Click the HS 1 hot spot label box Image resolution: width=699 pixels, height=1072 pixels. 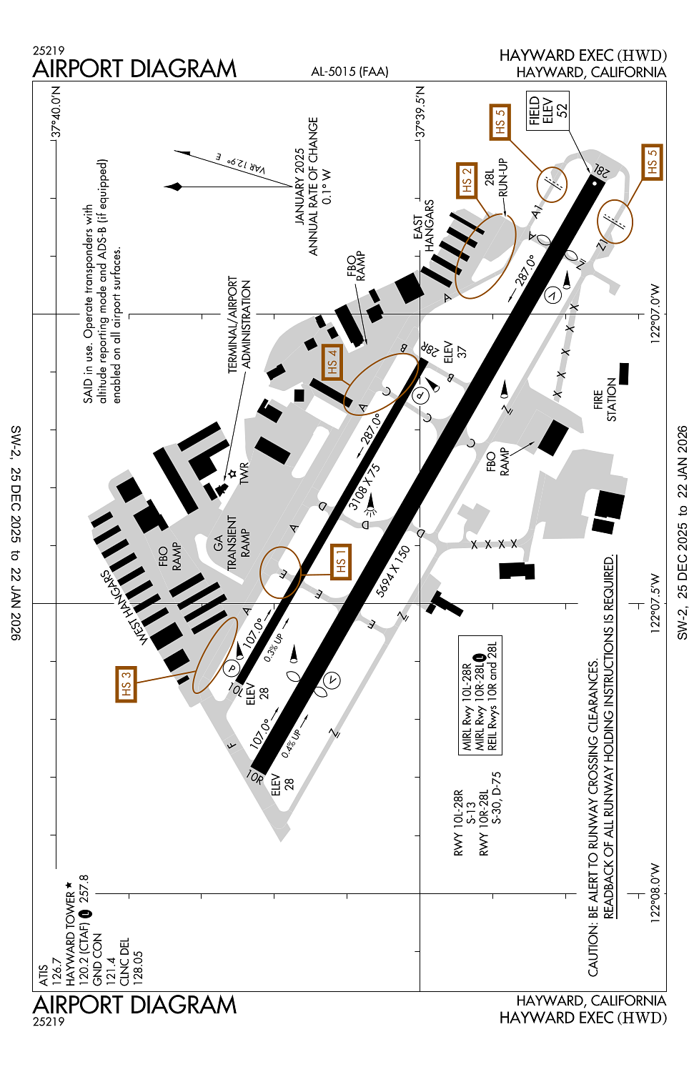341,562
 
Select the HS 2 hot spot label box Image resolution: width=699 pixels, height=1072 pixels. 467,180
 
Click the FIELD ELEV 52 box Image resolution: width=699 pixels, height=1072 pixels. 547,110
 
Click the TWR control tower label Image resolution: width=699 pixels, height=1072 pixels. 244,473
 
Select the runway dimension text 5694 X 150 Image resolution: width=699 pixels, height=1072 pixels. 394,571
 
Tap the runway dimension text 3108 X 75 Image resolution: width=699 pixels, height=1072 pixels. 365,487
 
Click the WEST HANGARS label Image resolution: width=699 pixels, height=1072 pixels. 125,607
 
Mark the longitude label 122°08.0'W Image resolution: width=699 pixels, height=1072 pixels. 655,893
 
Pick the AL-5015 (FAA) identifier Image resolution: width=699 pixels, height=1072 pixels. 349,71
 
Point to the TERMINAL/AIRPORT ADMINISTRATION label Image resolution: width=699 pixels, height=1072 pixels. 239,324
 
